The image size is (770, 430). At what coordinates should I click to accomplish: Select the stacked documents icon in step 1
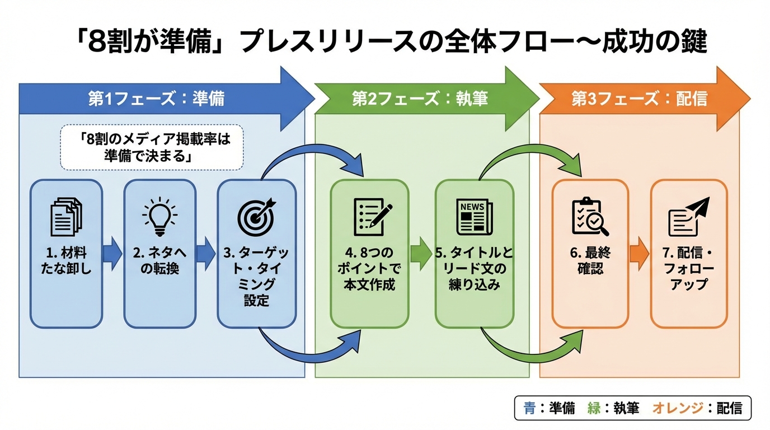tap(66, 218)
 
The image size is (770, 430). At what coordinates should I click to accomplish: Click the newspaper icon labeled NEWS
tap(474, 217)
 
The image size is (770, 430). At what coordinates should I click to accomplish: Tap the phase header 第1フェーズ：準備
tap(156, 99)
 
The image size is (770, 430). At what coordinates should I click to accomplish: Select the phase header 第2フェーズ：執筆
tap(420, 99)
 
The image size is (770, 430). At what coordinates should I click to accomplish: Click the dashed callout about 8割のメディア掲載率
tap(152, 147)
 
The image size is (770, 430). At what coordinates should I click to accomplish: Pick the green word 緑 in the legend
tap(594, 408)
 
